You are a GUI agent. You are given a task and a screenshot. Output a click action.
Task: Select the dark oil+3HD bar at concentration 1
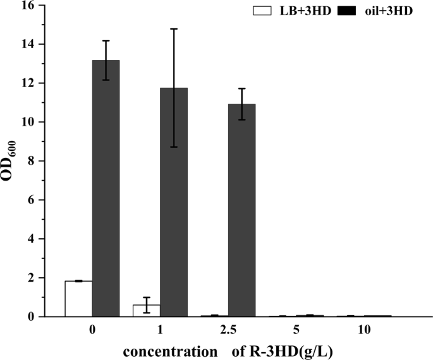174,202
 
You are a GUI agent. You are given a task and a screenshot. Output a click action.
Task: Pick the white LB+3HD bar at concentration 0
78,299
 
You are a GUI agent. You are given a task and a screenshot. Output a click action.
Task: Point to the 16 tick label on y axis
29,6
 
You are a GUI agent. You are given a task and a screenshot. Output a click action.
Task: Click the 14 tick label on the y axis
29,44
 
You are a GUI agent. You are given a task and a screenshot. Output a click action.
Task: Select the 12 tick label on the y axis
29,83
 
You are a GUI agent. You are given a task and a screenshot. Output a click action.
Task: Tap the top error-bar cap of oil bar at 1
174,29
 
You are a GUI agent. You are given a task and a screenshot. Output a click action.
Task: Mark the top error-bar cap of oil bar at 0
106,40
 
